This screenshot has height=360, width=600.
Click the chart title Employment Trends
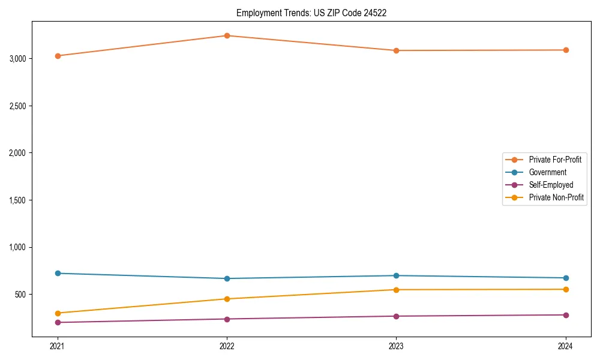click(x=311, y=13)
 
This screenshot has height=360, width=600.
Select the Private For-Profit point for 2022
click(x=227, y=35)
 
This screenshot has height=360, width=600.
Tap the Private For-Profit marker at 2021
click(x=58, y=56)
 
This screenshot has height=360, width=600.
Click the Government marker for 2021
click(x=58, y=273)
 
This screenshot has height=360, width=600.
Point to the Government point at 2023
click(x=396, y=275)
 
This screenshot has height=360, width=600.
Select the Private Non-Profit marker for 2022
click(x=227, y=299)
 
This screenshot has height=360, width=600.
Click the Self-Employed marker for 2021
click(x=58, y=322)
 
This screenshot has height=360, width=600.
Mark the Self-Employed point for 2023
click(x=396, y=316)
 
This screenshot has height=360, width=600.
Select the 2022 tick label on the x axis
click(x=227, y=346)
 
